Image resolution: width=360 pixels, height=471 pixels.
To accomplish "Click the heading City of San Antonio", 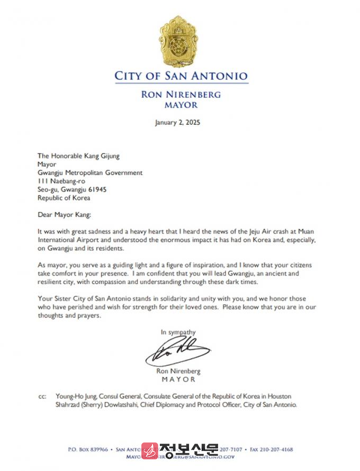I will [x=181, y=76].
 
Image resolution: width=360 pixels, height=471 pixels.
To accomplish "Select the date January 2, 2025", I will [x=177, y=122].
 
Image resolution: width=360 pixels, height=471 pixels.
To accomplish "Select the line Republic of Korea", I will [x=64, y=198].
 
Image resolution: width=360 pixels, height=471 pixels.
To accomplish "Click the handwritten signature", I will [x=177, y=350].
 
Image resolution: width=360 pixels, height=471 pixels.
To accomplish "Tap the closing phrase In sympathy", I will [x=178, y=332].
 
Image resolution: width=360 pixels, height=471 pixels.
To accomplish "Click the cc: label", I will [x=42, y=396].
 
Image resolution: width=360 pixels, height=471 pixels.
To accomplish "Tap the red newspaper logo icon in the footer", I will [x=150, y=450].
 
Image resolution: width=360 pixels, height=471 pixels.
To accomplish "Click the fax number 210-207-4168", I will [x=276, y=449].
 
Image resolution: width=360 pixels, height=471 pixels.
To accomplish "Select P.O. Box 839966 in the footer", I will [x=88, y=449].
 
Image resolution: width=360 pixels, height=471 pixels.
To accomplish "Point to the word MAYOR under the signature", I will [x=178, y=379].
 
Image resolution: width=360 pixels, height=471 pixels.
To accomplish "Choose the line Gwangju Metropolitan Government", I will [x=90, y=173].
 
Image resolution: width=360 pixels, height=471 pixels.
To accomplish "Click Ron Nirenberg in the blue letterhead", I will [x=181, y=95].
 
